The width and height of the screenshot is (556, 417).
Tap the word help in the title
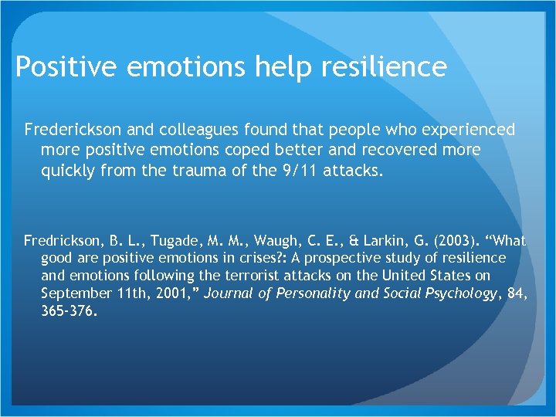(270, 67)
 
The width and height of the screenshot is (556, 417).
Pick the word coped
(263, 150)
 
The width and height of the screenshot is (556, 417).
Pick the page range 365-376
(69, 310)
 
